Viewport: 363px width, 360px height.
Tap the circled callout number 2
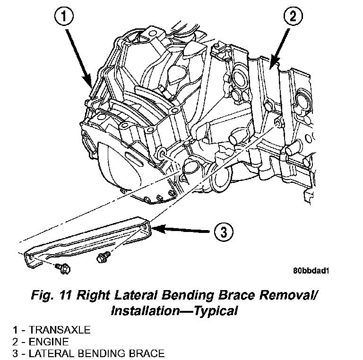click(x=292, y=18)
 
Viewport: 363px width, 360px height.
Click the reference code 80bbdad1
click(x=311, y=271)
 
